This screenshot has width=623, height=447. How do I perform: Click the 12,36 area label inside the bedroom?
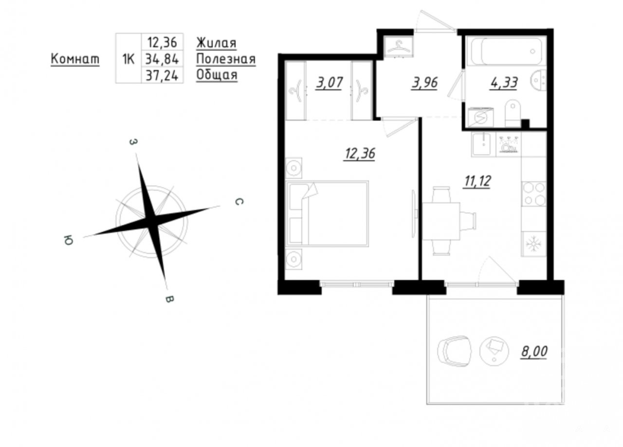click(x=360, y=153)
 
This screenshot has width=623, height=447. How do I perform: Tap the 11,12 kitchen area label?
click(x=477, y=181)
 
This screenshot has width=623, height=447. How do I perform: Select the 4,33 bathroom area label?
click(x=504, y=83)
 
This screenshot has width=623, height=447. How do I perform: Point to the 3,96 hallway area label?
click(x=425, y=83)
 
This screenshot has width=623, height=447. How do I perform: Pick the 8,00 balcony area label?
click(x=534, y=351)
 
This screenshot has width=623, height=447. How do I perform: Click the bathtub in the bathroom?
click(x=507, y=51)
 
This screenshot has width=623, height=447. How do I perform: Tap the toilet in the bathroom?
click(x=513, y=113)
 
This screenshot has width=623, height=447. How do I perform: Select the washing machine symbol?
click(x=481, y=117)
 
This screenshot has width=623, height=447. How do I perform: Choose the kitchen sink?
click(x=483, y=143)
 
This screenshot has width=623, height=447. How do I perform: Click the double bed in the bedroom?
click(x=327, y=214)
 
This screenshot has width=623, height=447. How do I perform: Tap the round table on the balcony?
click(x=494, y=351)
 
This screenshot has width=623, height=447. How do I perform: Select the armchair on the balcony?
click(x=455, y=351)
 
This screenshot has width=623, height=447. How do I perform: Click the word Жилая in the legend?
click(x=217, y=43)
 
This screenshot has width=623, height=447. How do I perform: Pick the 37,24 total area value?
click(x=162, y=75)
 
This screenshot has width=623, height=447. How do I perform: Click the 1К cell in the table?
click(x=128, y=59)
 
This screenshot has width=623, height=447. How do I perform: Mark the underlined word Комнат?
click(x=75, y=59)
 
